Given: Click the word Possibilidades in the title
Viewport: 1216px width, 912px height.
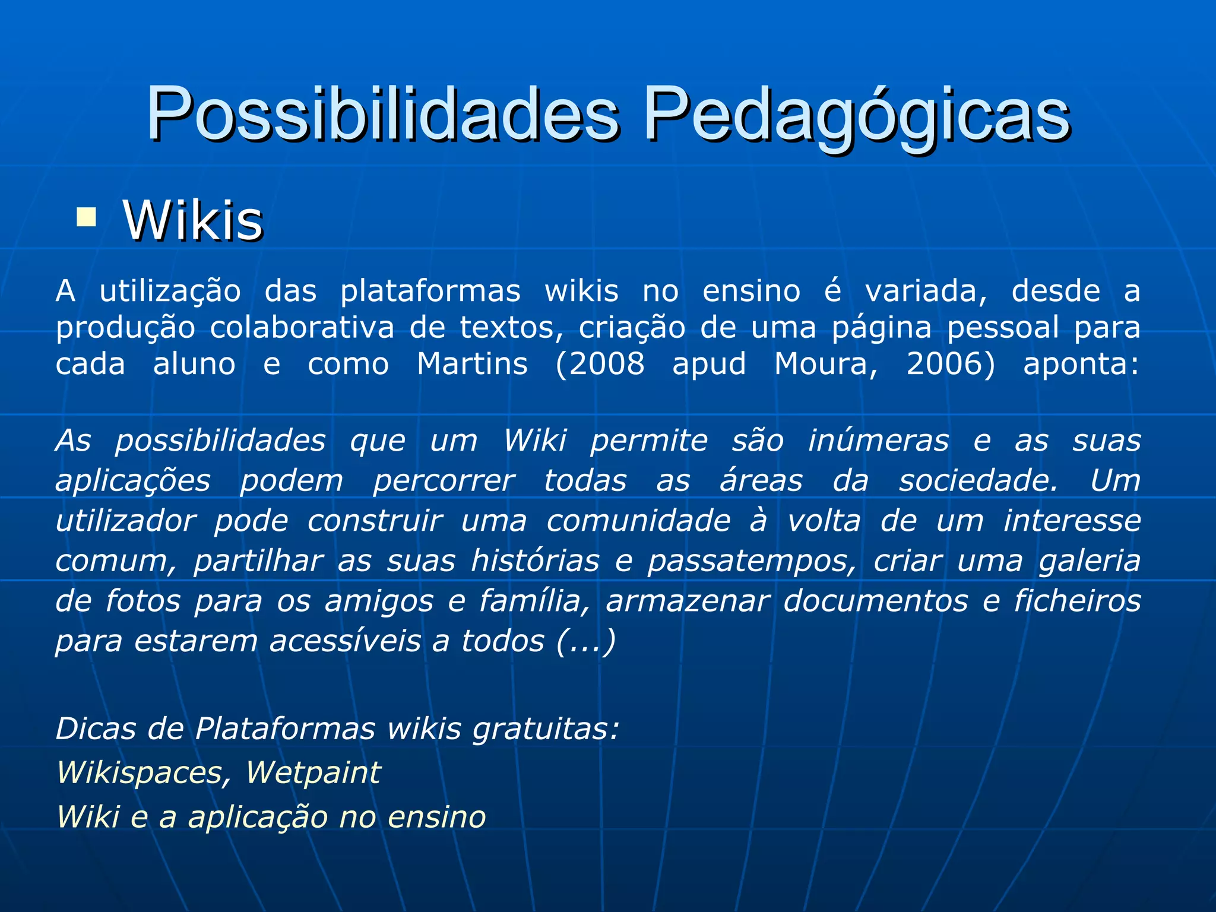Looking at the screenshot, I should (383, 114).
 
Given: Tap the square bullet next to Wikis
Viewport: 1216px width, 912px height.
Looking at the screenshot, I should (87, 217).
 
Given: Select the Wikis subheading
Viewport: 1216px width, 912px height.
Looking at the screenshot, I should (193, 220).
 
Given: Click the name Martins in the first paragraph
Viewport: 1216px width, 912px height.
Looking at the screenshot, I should (472, 363).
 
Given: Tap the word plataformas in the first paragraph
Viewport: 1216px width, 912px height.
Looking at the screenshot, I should (430, 292).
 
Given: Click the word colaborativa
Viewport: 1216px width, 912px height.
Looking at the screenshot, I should (302, 328).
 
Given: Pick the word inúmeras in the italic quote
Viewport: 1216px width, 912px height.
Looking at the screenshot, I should (878, 441).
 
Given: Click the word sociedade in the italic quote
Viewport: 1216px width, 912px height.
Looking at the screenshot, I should (978, 481).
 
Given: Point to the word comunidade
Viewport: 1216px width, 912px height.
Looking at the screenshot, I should (638, 521).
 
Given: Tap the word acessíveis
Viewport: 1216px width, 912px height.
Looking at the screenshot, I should (345, 641).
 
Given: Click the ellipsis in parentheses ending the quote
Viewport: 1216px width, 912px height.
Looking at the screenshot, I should (586, 642).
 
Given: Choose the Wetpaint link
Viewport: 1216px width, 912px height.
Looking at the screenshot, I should (313, 773).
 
